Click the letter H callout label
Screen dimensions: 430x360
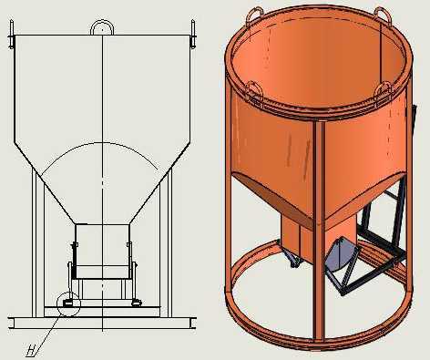(x=31, y=351)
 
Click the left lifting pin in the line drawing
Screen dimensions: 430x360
(x=12, y=34)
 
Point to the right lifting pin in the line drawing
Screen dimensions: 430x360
(x=192, y=34)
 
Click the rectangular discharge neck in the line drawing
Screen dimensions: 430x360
(x=102, y=252)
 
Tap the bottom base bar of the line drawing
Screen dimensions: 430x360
(x=102, y=323)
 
